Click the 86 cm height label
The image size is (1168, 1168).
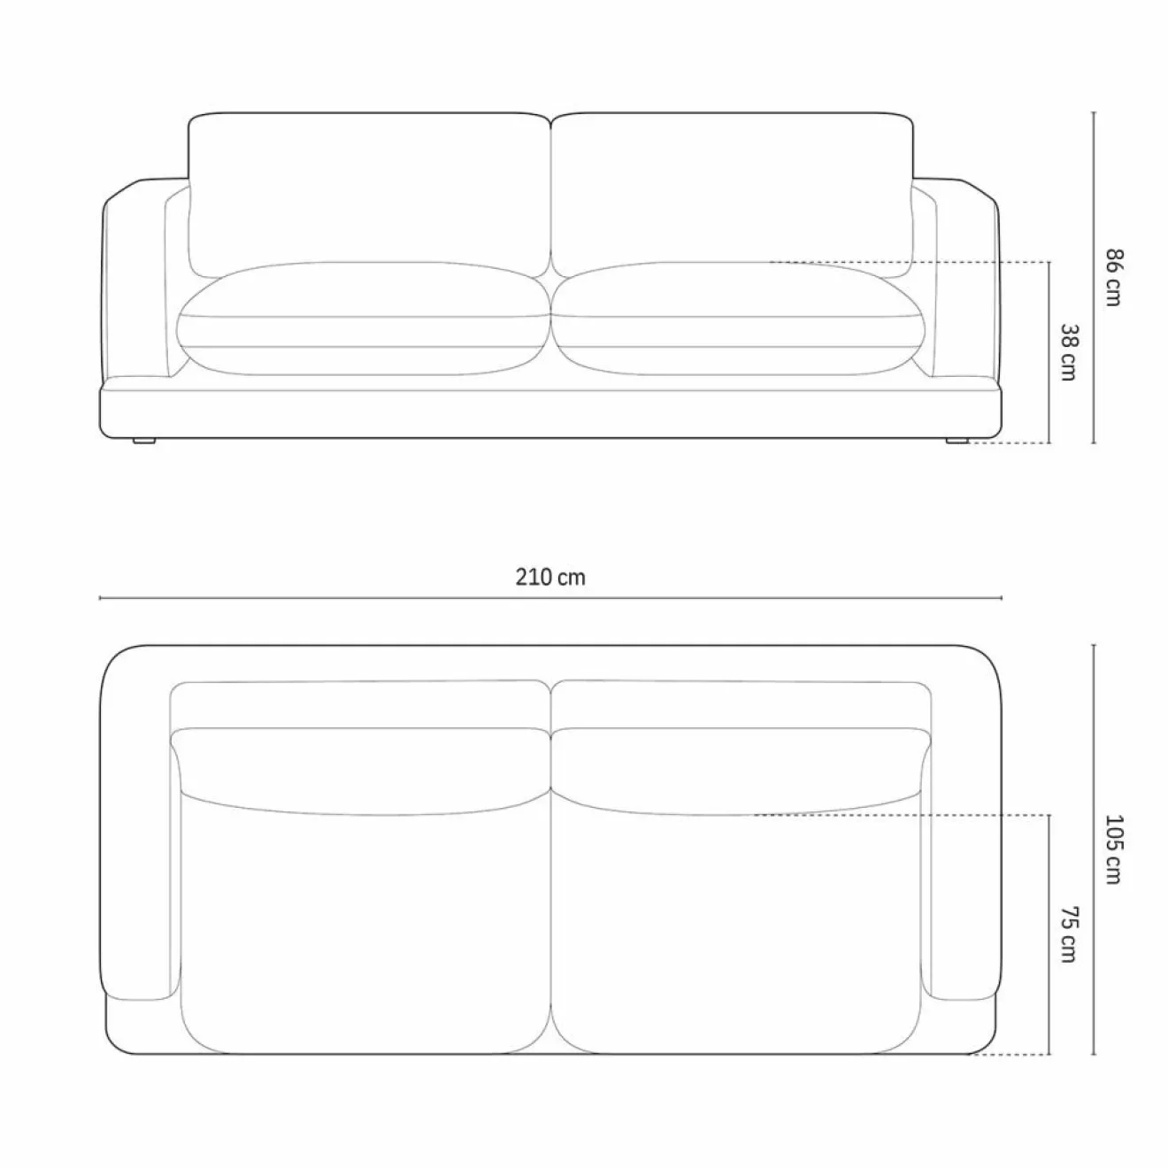click(x=1113, y=277)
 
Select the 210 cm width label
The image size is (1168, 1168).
click(x=550, y=577)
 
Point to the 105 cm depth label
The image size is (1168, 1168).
click(x=1113, y=849)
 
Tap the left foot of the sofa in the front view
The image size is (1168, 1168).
click(x=144, y=441)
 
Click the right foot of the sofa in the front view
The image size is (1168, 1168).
click(x=956, y=441)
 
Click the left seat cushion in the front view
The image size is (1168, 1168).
click(x=364, y=319)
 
